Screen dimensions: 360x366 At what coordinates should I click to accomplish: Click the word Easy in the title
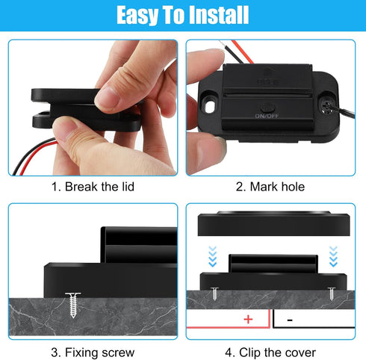pos(141,15)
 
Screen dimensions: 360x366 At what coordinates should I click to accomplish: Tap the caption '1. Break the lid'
pos(93,187)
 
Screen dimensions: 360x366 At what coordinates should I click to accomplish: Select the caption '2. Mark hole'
pos(270,187)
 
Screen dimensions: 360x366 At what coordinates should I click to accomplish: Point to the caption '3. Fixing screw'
pos(93,351)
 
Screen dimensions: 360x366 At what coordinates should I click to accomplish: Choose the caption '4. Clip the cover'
pos(270,351)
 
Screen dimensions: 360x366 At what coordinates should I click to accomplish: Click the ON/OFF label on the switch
pos(267,117)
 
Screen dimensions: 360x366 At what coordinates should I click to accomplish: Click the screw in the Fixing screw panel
pos(72,302)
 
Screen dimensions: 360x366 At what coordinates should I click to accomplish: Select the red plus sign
pos(247,319)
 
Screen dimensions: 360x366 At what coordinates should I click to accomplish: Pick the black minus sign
pos(289,319)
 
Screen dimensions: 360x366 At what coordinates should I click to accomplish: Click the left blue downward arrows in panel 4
pos(212,256)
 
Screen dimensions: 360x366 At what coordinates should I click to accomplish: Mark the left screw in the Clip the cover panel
pos(214,293)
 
